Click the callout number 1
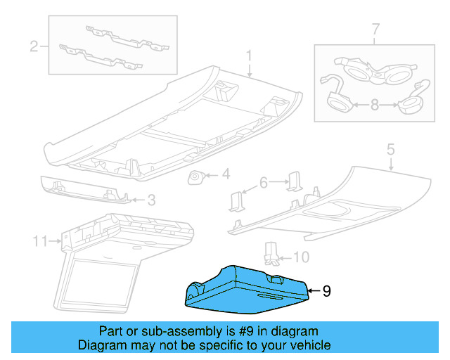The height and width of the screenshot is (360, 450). click(248, 54)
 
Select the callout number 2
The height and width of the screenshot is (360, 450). click(33, 47)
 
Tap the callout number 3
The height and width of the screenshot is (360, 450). click(150, 200)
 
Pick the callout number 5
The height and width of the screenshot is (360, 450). click(391, 149)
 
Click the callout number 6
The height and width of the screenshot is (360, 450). click(264, 183)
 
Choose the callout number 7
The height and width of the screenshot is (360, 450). click(375, 29)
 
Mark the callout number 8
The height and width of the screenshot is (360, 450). click(374, 105)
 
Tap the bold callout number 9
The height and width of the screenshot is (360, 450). click(326, 290)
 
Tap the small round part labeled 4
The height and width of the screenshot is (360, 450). click(195, 176)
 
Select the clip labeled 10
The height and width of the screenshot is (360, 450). click(270, 252)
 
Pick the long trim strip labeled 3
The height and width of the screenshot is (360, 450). click(84, 188)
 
